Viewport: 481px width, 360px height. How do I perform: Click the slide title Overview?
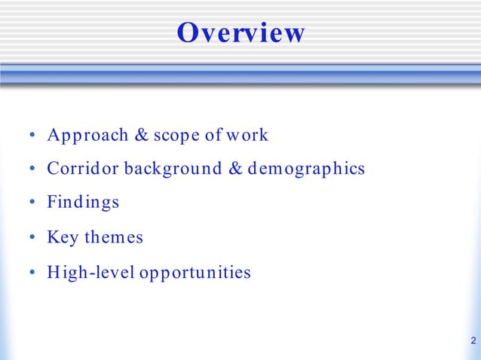240,33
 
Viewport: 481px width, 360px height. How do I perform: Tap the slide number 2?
472,340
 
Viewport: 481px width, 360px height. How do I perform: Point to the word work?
248,136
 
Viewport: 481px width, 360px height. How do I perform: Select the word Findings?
83,203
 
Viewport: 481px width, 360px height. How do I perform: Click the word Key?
63,238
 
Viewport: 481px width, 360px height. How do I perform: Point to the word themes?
113,238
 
